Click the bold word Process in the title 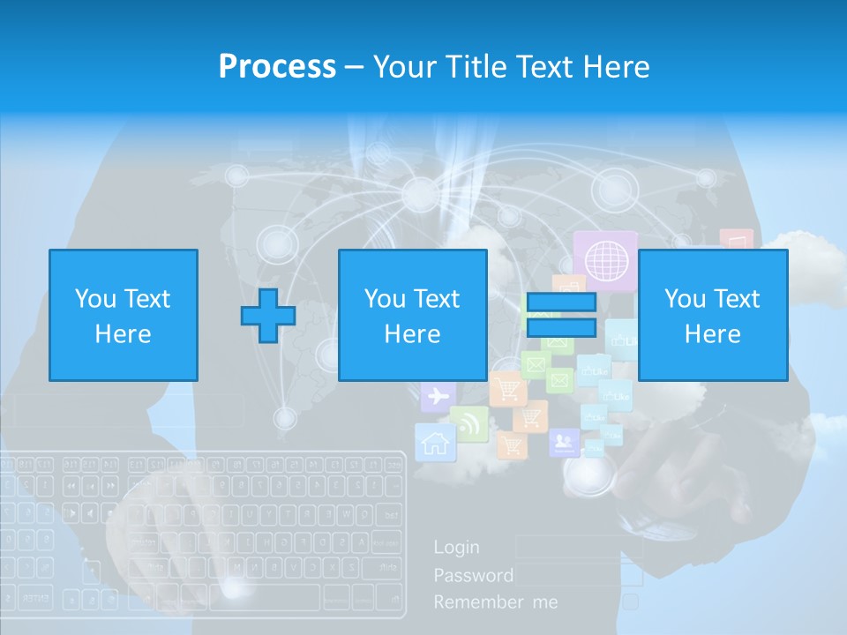(x=277, y=66)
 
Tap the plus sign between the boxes (x=268, y=315)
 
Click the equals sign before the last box (x=561, y=316)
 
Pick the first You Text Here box (x=124, y=315)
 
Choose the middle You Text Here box (x=412, y=315)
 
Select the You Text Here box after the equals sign (x=713, y=315)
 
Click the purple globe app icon (x=605, y=259)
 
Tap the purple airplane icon (x=438, y=397)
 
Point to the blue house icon (x=433, y=441)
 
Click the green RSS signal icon (x=468, y=423)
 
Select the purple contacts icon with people (x=563, y=441)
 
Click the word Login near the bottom (x=456, y=547)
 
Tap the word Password (x=473, y=575)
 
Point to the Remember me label (x=496, y=602)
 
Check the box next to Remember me (x=631, y=601)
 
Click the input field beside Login (x=578, y=547)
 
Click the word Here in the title (x=615, y=66)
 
